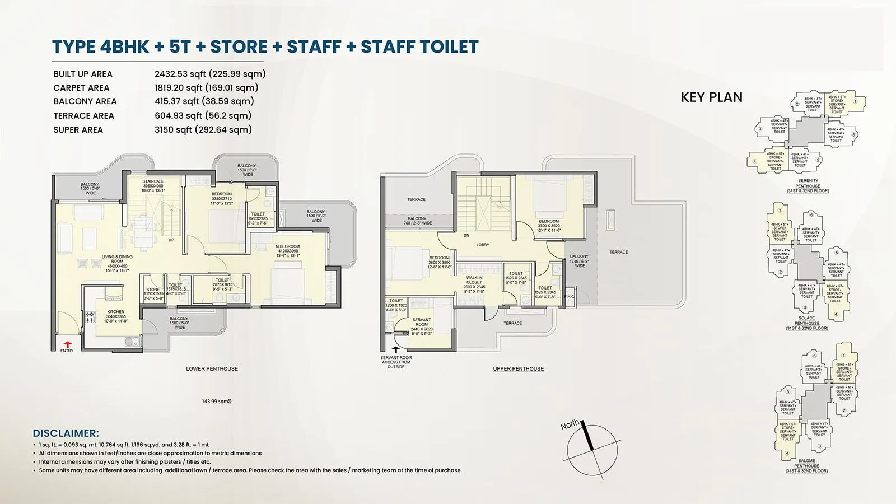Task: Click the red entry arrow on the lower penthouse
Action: (67, 344)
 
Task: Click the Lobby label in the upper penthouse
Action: (483, 245)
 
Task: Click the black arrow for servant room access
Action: (396, 349)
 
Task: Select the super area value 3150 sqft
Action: (203, 129)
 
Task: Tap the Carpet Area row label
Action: (81, 88)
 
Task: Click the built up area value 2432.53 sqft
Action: (210, 74)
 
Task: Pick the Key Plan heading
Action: (711, 97)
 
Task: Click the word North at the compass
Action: (570, 425)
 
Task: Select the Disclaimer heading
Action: (66, 433)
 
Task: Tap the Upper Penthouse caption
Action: (518, 369)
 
